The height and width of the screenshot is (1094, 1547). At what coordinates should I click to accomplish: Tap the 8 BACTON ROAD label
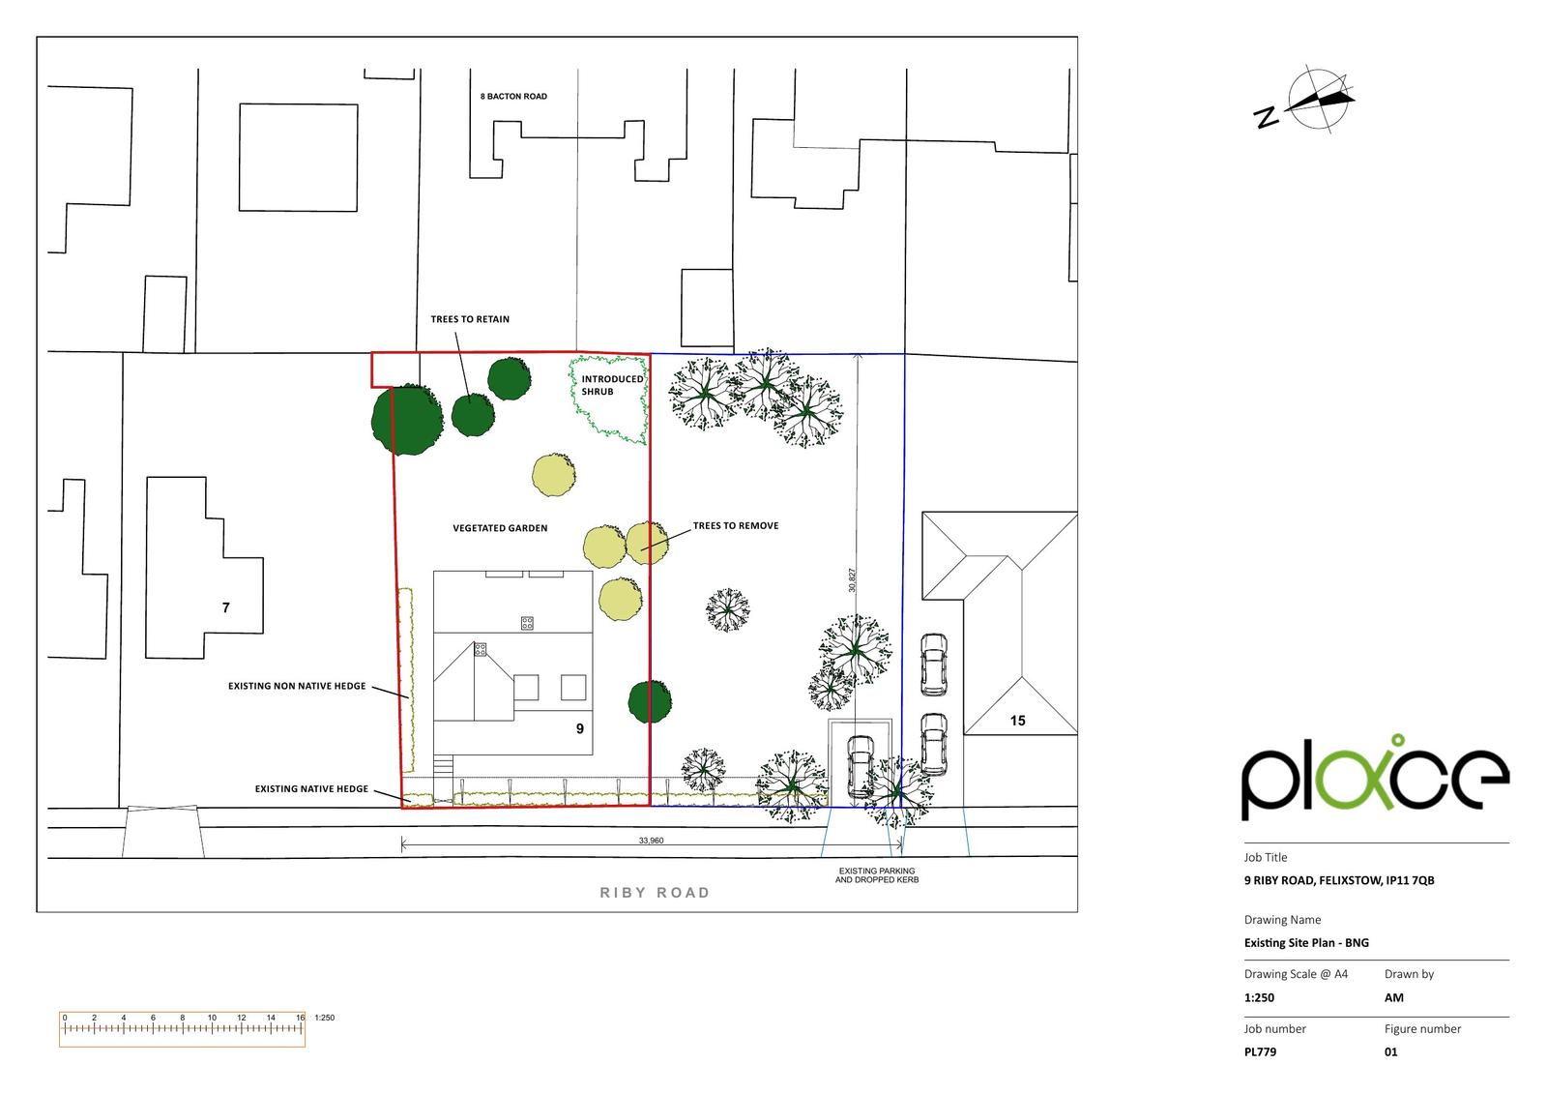[513, 97]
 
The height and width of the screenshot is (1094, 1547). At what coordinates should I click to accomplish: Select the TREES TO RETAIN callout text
[470, 319]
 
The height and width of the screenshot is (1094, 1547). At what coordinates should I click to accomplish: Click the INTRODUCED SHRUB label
[611, 385]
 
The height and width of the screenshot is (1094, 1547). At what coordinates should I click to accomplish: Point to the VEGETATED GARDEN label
[500, 528]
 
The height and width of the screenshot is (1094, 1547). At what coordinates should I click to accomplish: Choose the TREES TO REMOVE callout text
[736, 526]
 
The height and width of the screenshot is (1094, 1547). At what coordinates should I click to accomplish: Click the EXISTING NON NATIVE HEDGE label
[297, 686]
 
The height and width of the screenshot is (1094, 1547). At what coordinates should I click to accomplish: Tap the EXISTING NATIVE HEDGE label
[311, 788]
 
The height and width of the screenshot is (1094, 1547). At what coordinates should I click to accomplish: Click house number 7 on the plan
[226, 607]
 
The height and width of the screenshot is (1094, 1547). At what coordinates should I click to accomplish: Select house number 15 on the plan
[1017, 721]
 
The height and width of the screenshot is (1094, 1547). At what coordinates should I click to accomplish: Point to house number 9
[580, 728]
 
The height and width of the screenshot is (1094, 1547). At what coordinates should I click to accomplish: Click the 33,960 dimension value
[651, 841]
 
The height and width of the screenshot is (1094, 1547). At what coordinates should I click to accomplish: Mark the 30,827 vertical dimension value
[852, 579]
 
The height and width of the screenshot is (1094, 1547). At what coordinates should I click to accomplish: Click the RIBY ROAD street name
[655, 893]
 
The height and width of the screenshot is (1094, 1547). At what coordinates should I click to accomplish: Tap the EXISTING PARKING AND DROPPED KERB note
[876, 875]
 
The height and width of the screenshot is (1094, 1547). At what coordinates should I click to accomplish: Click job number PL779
[1260, 1051]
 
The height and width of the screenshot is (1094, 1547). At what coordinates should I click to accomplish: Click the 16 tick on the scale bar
[301, 1018]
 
